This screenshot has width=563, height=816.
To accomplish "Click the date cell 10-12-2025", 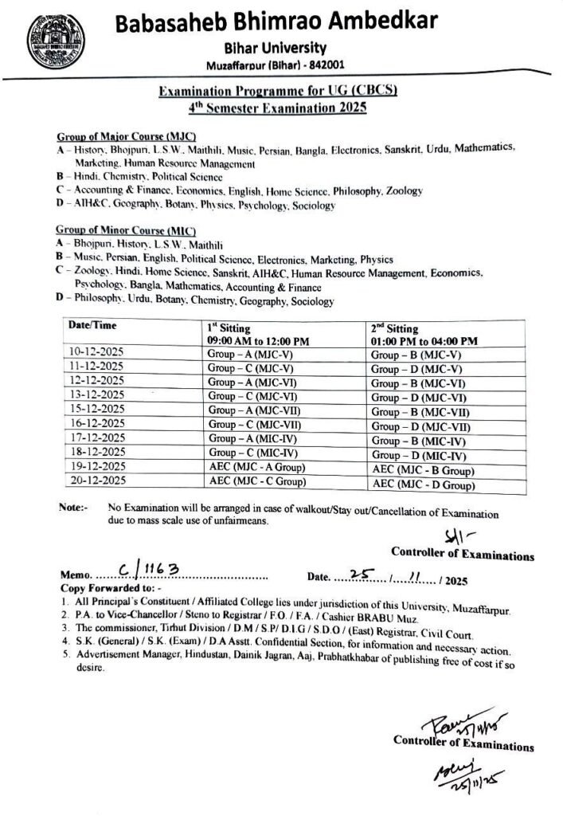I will point(97,351).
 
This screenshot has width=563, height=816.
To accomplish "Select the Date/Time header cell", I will point(88,327).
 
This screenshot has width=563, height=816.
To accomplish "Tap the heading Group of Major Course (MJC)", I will point(126,137).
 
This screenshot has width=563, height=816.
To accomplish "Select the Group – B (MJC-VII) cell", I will point(420,413).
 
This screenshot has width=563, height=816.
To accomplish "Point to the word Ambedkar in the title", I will point(375,22).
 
